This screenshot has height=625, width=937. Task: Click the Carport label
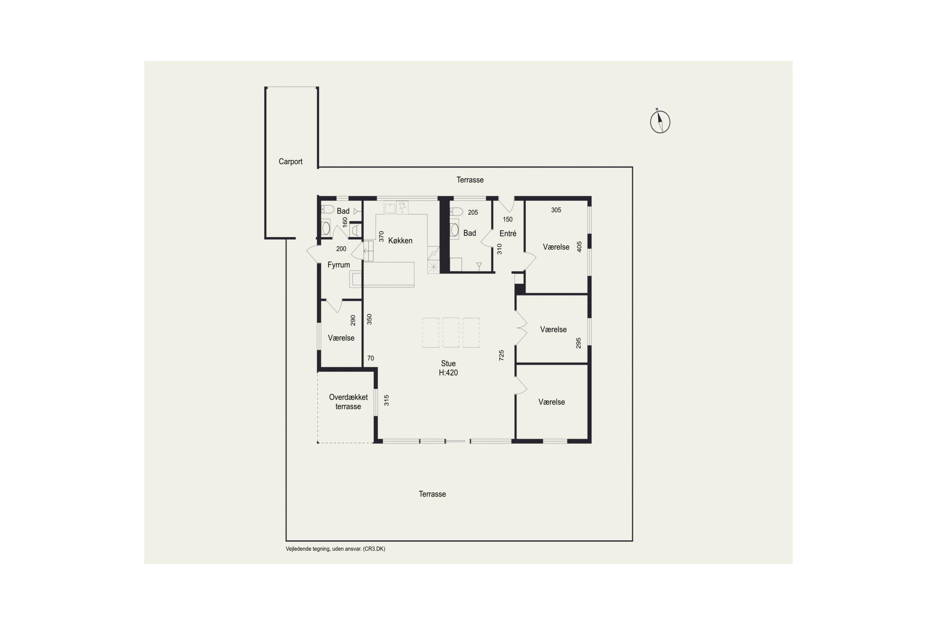[290, 162]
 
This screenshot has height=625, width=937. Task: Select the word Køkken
[400, 240]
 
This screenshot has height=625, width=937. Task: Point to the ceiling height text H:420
[448, 373]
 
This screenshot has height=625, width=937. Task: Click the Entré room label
[508, 233]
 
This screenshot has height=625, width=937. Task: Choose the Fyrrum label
[339, 265]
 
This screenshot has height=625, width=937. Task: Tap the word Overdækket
[348, 397]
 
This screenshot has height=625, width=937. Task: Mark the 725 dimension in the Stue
[502, 355]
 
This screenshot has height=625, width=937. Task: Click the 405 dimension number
[579, 247]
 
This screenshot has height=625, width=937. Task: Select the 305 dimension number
[556, 210]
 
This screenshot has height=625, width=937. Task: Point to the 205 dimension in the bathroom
[473, 212]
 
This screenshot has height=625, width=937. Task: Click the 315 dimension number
[386, 400]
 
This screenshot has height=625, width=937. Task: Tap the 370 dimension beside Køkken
[381, 236]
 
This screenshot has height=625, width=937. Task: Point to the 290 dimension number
[353, 320]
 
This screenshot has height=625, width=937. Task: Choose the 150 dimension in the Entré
[508, 219]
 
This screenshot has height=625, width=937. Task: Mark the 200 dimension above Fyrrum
[341, 249]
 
